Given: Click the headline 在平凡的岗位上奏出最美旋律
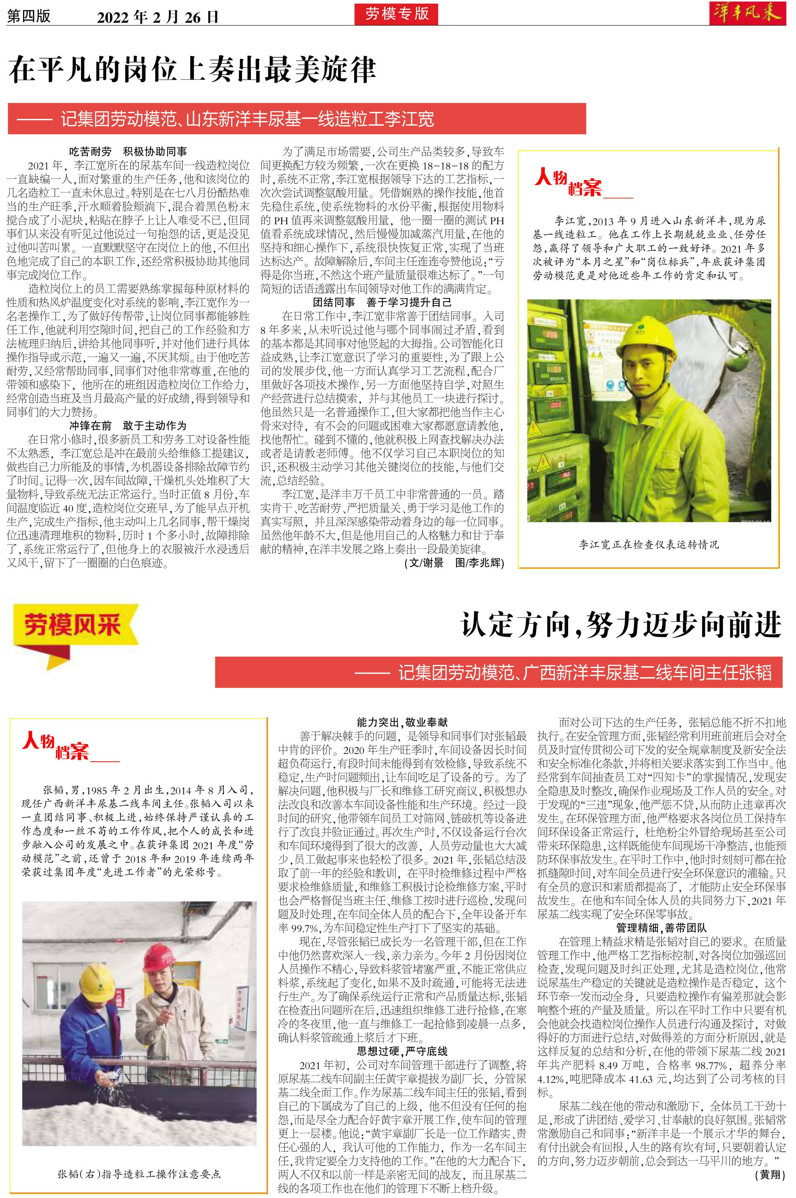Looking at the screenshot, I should coord(192,70).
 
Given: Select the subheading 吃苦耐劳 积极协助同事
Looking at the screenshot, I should coord(128,151).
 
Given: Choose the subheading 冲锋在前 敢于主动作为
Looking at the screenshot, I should coord(128,425).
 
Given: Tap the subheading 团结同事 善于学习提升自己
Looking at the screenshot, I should coord(382,302).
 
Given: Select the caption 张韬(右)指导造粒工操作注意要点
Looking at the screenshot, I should coord(139,1174).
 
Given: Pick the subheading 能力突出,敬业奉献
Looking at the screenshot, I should coord(402,722).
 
